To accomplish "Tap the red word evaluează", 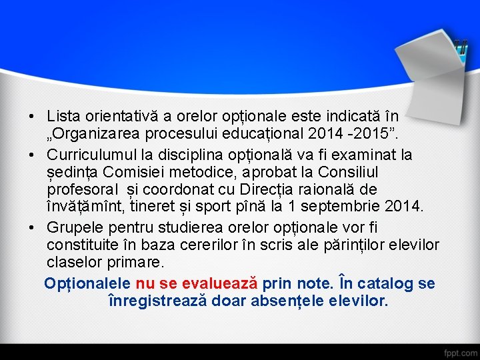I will click(x=215, y=284).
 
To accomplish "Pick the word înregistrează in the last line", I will click(x=157, y=301).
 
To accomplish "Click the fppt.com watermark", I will click(x=460, y=351).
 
